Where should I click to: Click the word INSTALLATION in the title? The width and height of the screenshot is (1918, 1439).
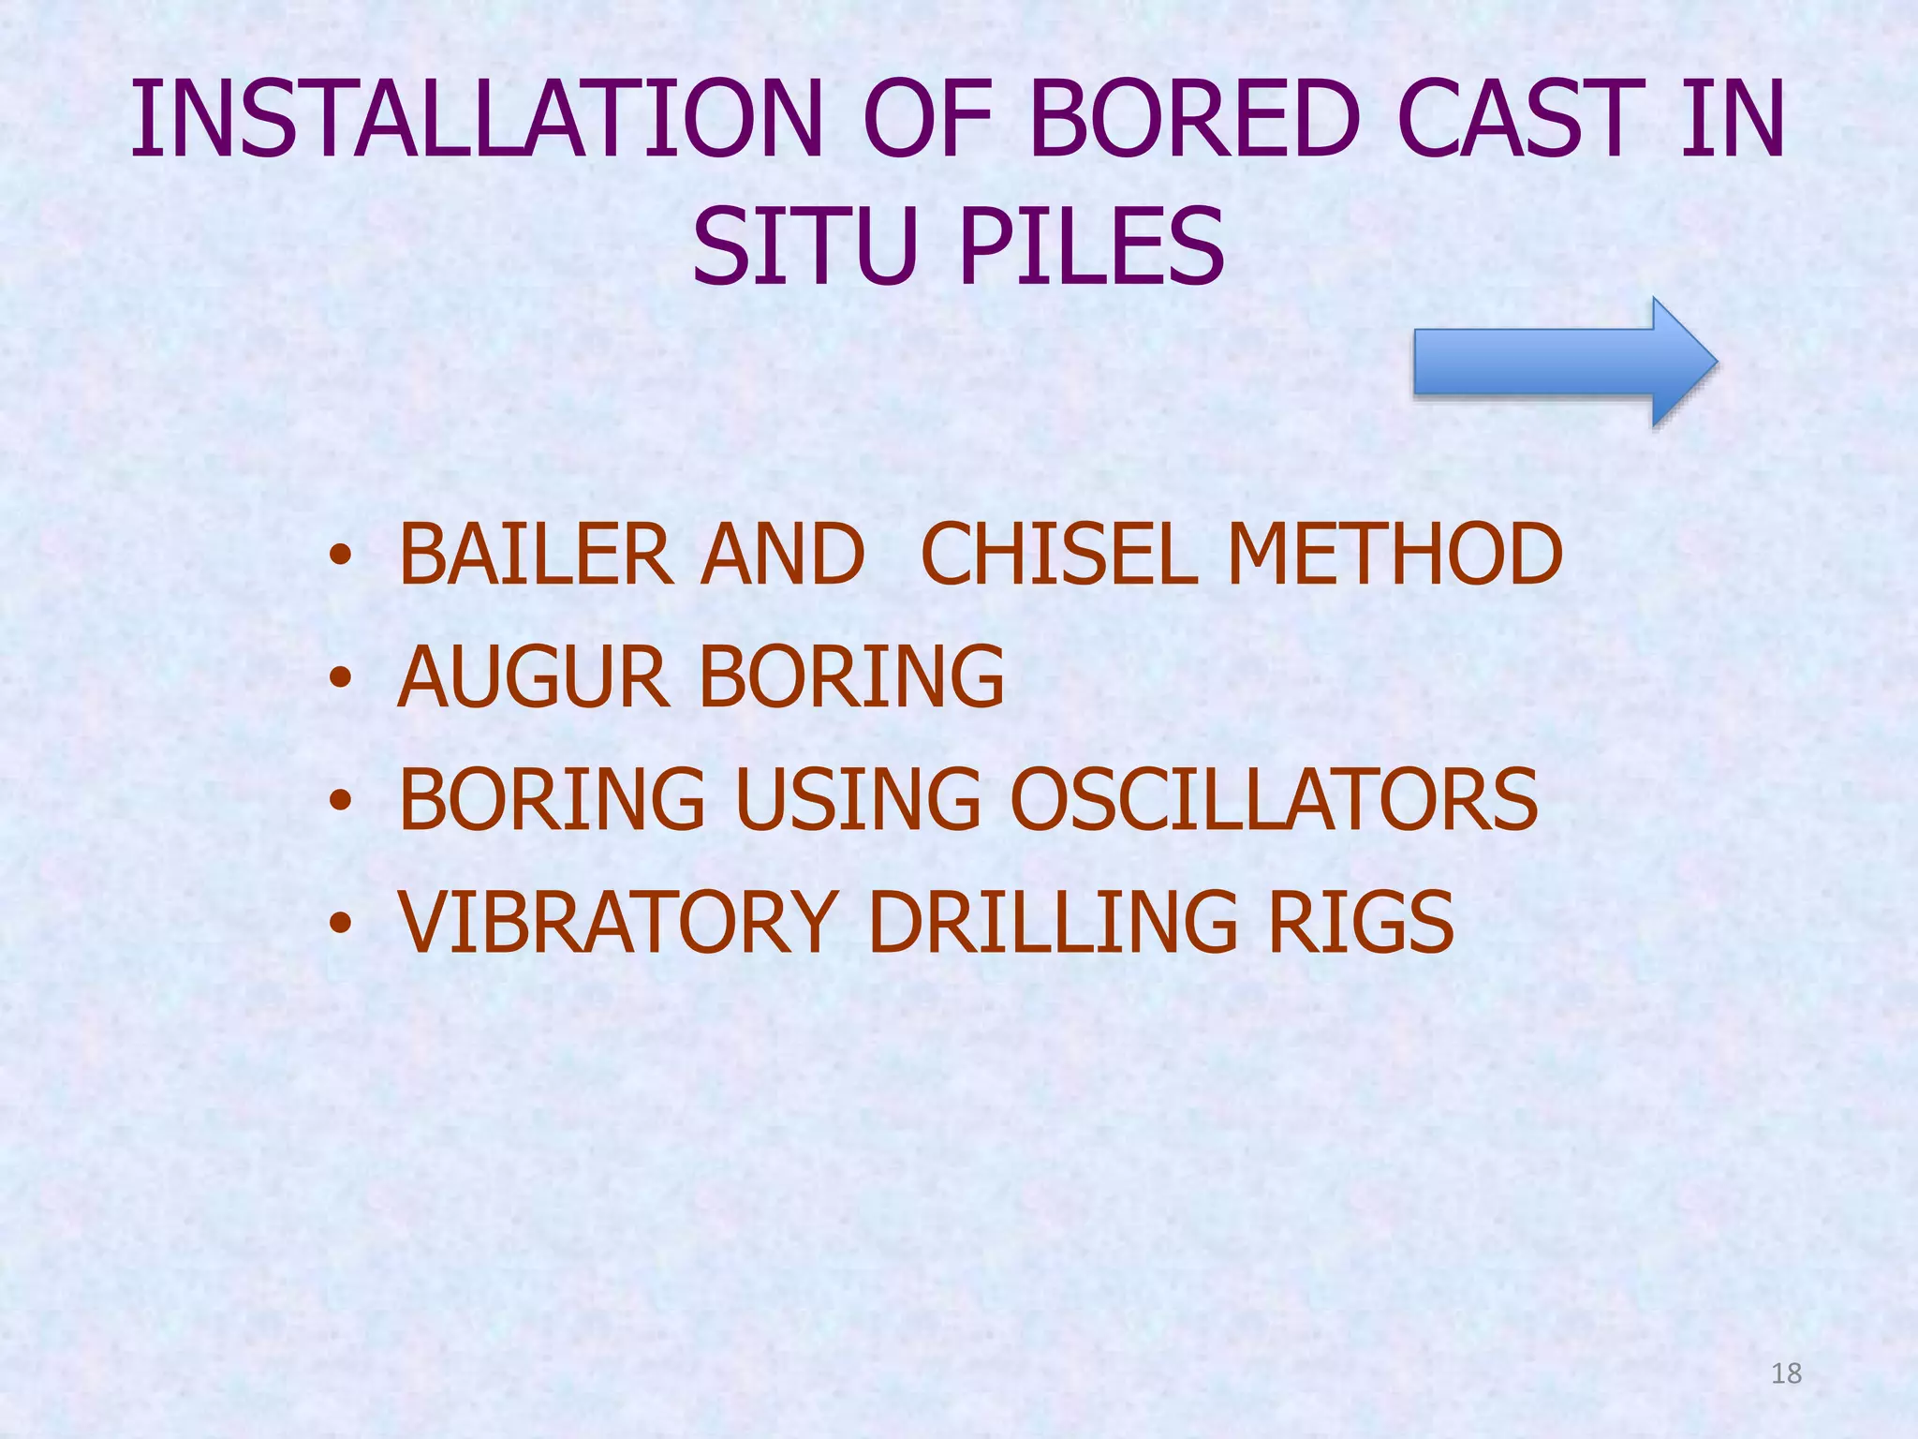[476, 120]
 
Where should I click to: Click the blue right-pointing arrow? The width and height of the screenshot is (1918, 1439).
[1564, 362]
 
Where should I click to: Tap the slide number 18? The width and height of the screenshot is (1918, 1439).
[1786, 1373]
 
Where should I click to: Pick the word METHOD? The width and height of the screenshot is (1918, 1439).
[1395, 555]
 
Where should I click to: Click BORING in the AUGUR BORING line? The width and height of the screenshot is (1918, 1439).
[852, 676]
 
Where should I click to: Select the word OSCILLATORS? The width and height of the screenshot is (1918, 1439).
[1274, 799]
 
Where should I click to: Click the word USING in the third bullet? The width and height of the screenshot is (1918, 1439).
[858, 799]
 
